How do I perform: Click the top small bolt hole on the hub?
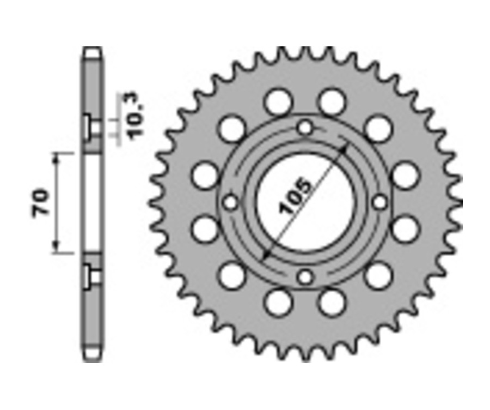pyautogui.click(x=305, y=128)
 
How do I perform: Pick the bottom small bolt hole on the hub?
pyautogui.click(x=305, y=277)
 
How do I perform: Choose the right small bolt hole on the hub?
pyautogui.click(x=380, y=202)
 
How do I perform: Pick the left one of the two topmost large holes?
pyautogui.click(x=279, y=101)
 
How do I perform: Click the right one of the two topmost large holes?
pyautogui.click(x=332, y=101)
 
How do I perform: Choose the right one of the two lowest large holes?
pyautogui.click(x=332, y=302)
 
